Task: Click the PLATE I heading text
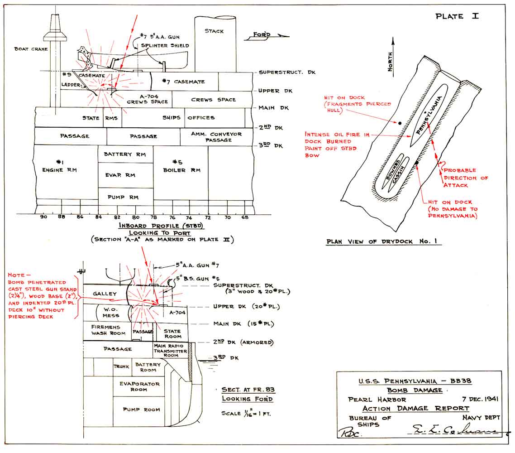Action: (457, 16)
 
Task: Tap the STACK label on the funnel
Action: (214, 31)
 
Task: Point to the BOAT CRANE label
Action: (31, 49)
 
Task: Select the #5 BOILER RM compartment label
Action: (181, 166)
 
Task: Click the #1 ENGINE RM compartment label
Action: (59, 166)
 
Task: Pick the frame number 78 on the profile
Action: (153, 217)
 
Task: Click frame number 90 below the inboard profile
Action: (44, 217)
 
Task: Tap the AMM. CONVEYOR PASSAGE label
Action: (216, 137)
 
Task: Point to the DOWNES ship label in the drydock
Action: (393, 170)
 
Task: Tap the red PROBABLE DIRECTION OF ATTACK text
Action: (466, 178)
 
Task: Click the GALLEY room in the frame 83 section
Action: (105, 294)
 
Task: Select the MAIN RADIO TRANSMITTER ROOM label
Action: (170, 351)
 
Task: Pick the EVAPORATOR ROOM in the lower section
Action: (139, 386)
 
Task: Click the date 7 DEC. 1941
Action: (480, 399)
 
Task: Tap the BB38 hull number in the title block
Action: (461, 381)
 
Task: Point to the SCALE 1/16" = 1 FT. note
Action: (246, 414)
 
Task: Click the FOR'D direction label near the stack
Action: (262, 34)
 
